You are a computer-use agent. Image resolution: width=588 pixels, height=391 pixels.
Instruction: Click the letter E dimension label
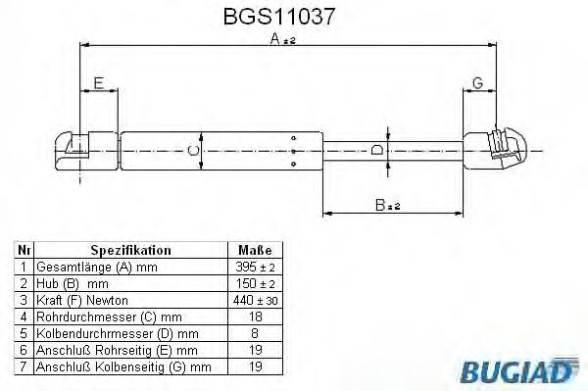point(97,83)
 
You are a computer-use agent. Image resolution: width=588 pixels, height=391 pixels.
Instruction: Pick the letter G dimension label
point(476,83)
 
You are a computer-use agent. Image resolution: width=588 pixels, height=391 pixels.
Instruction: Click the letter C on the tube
point(191,150)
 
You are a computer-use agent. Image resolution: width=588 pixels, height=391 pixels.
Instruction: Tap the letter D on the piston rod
point(377,150)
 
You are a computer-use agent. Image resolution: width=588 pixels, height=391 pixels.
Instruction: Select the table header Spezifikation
point(131,251)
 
